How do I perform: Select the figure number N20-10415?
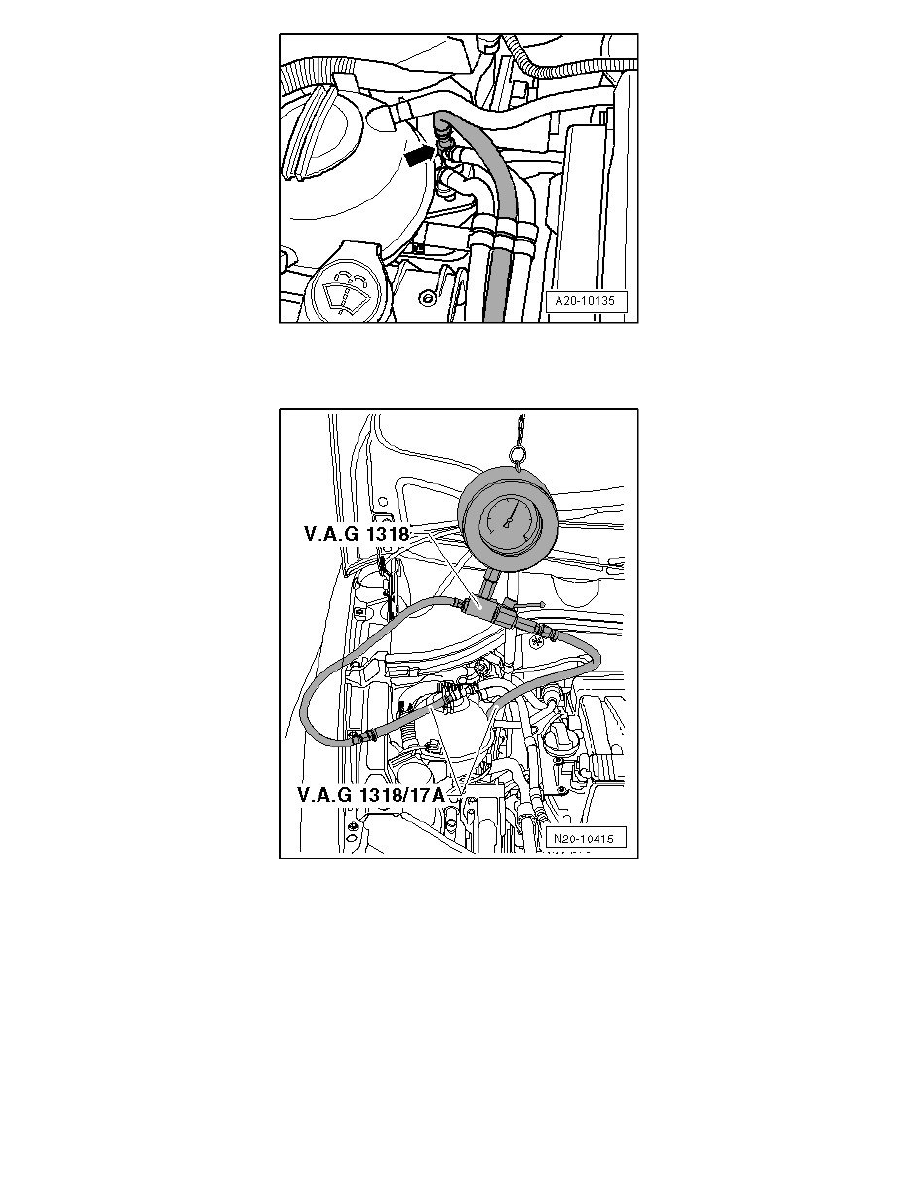pyautogui.click(x=586, y=839)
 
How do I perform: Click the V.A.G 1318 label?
pyautogui.click(x=356, y=534)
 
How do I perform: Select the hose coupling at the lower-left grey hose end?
pyautogui.click(x=362, y=737)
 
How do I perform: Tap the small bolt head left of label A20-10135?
pyautogui.click(x=427, y=297)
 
